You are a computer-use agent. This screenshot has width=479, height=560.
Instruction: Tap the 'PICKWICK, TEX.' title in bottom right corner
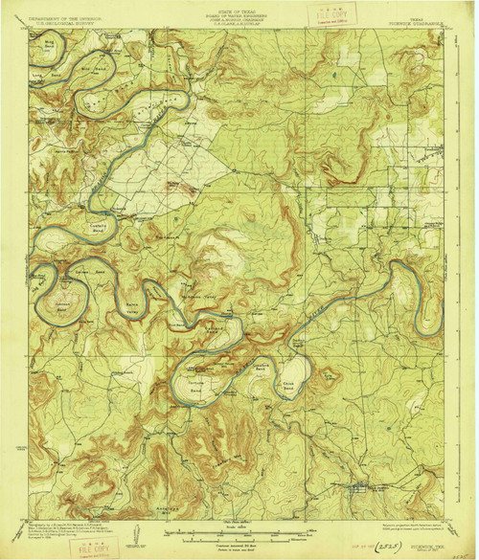428,537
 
